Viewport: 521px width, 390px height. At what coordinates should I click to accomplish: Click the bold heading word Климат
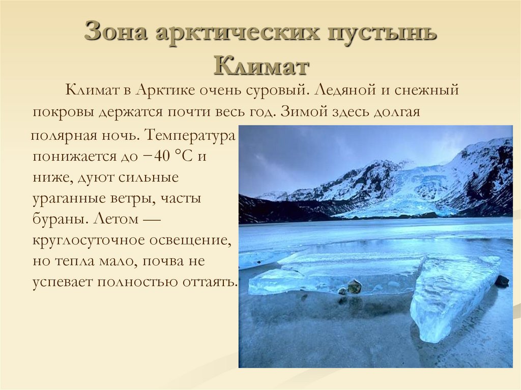tap(261, 65)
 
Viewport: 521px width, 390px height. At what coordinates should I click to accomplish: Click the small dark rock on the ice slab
tap(354, 286)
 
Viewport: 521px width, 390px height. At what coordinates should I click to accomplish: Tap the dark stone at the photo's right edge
tap(502, 281)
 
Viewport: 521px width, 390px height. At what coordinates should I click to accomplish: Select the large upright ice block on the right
tap(450, 295)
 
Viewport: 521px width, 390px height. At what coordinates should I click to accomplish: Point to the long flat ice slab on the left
tap(326, 275)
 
